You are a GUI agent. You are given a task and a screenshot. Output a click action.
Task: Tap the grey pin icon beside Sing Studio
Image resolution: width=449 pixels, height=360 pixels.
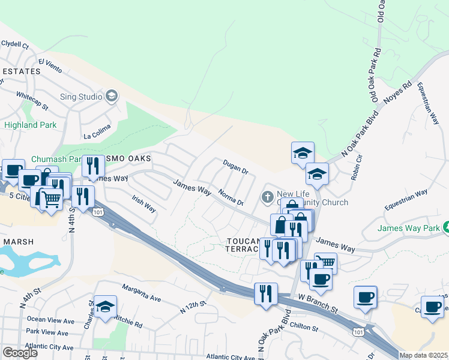click(x=112, y=96)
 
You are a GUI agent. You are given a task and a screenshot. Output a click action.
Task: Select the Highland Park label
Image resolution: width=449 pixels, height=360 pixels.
click(x=30, y=125)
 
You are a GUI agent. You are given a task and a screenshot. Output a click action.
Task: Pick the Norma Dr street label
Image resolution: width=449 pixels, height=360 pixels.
click(x=231, y=198)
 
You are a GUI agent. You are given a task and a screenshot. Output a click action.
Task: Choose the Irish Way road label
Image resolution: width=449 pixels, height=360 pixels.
click(x=144, y=205)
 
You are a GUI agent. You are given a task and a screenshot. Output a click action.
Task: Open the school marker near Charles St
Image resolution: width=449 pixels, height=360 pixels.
click(x=105, y=307)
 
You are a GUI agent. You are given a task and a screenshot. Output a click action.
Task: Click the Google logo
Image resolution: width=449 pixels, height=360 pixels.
click(x=20, y=353)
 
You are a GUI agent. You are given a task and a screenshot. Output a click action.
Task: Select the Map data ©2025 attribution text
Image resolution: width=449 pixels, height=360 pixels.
click(x=424, y=355)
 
